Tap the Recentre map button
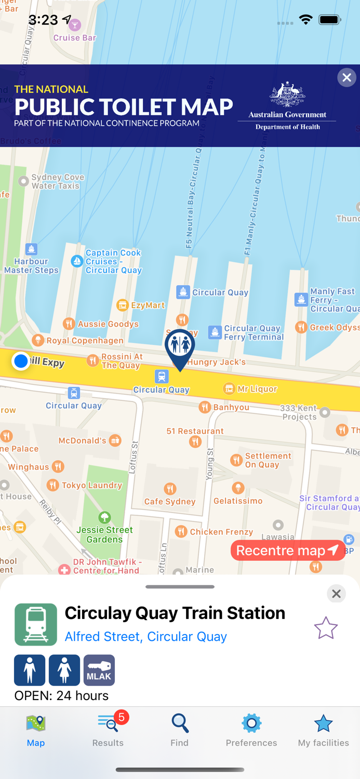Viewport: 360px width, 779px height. click(287, 550)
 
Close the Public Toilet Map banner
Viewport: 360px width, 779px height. click(346, 78)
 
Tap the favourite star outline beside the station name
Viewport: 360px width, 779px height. click(326, 628)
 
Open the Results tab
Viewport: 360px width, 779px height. click(108, 729)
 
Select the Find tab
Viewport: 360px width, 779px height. click(180, 729)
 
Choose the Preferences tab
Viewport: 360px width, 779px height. click(251, 729)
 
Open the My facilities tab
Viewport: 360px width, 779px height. click(323, 729)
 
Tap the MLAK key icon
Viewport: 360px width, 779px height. click(99, 670)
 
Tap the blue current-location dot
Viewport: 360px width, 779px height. click(21, 361)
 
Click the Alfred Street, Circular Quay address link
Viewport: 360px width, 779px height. click(145, 637)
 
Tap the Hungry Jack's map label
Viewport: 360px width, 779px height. click(217, 362)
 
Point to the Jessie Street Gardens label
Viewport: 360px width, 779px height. click(105, 534)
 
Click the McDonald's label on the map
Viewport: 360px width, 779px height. click(83, 441)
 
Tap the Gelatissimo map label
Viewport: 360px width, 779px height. click(238, 501)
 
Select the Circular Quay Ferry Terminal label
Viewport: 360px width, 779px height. click(254, 332)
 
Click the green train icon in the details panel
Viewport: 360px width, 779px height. click(36, 624)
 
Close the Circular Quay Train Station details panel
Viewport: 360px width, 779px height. click(336, 594)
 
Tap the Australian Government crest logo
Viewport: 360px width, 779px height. click(287, 95)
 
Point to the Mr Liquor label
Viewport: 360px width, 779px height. click(257, 389)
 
